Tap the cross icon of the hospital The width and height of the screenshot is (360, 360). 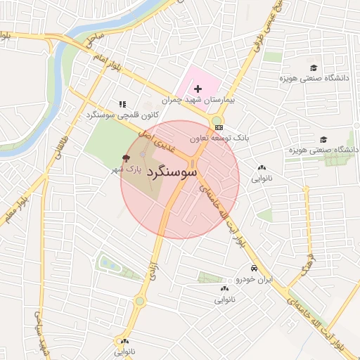(x=198, y=89)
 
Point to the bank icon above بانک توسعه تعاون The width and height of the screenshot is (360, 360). (x=220, y=127)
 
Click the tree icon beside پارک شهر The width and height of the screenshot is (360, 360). (x=127, y=158)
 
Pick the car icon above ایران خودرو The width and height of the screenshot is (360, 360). (x=253, y=269)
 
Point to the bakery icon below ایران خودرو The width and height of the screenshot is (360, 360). (x=224, y=288)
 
